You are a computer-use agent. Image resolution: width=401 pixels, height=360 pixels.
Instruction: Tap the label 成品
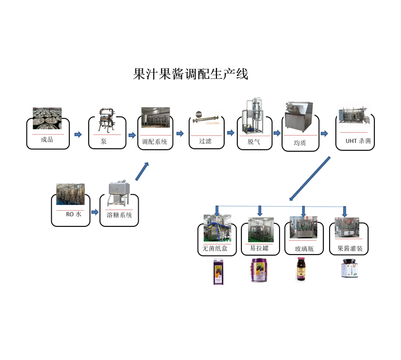pos(47,140)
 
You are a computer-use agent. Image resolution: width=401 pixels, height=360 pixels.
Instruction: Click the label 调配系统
pos(155,141)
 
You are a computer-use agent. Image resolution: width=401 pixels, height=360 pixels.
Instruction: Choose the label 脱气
pos(253,141)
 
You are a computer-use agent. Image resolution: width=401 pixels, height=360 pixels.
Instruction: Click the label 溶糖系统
pos(118,214)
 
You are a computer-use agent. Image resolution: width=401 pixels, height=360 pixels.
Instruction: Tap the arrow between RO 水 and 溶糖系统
pos(95,212)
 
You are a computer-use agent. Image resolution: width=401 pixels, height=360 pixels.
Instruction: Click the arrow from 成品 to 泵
pos(78,135)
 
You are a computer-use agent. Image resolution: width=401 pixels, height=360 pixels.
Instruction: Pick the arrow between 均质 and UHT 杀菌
pos(324,134)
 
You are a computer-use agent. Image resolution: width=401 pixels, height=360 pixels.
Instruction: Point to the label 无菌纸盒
pos(215,248)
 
